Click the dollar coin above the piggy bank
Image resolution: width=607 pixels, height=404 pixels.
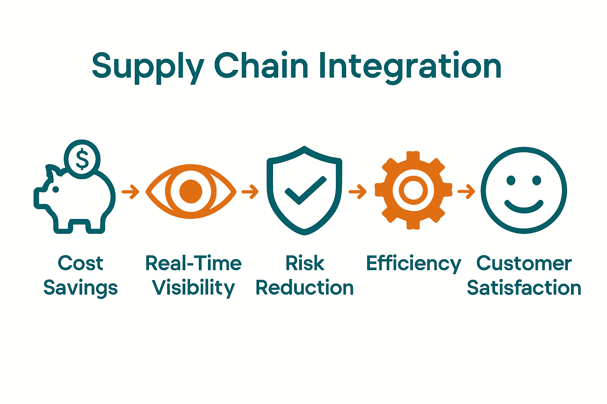(x=82, y=159)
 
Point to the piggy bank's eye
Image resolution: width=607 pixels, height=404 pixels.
(x=56, y=190)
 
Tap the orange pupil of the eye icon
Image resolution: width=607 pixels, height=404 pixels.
(x=191, y=191)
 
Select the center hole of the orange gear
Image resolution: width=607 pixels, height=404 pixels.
(x=413, y=190)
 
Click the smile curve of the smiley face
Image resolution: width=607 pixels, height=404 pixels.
(x=524, y=208)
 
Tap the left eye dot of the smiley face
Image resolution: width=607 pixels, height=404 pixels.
(x=511, y=181)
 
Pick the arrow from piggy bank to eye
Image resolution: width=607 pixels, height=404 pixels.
(x=130, y=192)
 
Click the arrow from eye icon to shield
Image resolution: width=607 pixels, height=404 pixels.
(x=250, y=192)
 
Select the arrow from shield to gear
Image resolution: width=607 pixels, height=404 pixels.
(x=357, y=192)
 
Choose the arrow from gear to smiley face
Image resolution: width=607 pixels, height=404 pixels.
(x=466, y=192)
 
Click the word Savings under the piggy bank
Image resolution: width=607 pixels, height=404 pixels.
(x=81, y=288)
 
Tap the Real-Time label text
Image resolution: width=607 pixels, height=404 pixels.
(x=193, y=263)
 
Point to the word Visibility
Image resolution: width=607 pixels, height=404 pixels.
(x=193, y=288)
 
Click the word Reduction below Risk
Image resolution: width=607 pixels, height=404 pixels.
(x=305, y=288)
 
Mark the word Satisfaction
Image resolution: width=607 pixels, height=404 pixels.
(x=524, y=288)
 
